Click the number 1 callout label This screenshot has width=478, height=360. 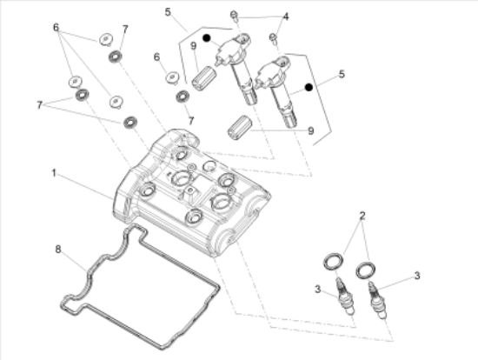[54, 173]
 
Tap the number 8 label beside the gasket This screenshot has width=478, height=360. [58, 250]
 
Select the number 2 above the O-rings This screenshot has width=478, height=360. [362, 216]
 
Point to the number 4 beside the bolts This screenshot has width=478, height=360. [286, 17]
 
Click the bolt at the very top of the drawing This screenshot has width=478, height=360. [234, 16]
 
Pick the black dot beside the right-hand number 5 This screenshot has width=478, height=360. [309, 88]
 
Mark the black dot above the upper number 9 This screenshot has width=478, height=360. [207, 38]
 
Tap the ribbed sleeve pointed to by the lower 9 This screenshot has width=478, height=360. [240, 128]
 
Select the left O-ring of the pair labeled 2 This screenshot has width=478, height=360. [333, 261]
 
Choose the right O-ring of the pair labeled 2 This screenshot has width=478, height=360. [366, 270]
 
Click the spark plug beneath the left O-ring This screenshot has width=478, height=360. [345, 296]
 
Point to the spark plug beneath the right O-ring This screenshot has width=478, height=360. [377, 301]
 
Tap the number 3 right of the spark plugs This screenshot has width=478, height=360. [417, 276]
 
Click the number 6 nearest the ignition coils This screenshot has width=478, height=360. [156, 57]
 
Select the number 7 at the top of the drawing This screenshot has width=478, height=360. [125, 30]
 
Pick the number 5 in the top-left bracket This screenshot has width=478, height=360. [168, 12]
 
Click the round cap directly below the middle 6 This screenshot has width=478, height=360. [172, 77]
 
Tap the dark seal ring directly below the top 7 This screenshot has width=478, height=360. [116, 57]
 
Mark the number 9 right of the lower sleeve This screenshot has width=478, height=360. [310, 131]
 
